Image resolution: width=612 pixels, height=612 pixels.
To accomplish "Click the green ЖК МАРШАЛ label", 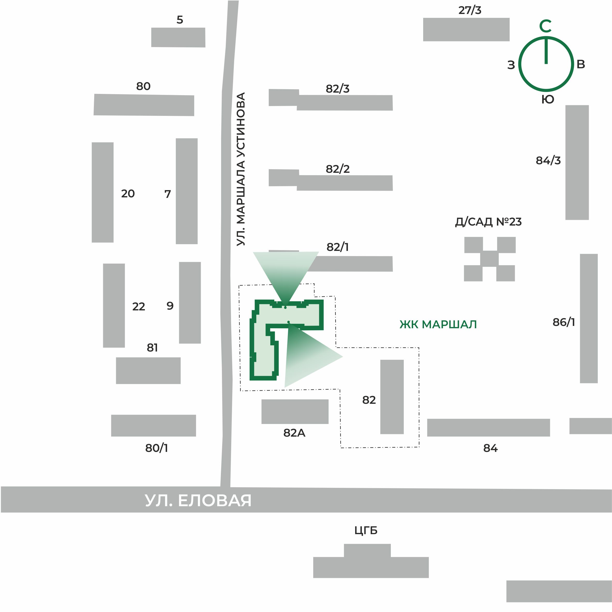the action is click(438, 324).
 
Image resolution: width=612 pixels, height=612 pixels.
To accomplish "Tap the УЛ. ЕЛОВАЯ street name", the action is click(198, 501).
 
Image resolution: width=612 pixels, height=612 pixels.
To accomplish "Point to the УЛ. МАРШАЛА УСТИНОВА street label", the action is click(241, 169).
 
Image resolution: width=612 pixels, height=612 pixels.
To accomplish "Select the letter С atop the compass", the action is click(546, 26).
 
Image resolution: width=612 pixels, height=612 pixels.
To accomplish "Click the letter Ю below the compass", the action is click(548, 100).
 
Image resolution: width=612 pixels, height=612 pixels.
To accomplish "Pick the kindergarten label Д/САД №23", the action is click(488, 222).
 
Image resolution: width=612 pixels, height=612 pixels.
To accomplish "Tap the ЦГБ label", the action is click(366, 530).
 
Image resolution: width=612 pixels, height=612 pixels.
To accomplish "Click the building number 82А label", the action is click(294, 433).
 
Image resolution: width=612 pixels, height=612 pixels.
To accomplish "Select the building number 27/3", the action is click(470, 10).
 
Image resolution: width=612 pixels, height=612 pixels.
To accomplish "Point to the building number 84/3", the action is click(548, 161).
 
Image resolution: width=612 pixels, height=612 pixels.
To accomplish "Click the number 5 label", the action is click(180, 20).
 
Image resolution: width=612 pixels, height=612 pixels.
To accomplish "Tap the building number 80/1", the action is click(156, 448).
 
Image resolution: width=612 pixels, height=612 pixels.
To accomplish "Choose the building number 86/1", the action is click(564, 322).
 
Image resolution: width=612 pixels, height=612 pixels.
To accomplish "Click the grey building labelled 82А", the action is click(295, 412).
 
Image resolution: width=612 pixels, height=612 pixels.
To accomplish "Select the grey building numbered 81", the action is click(148, 371).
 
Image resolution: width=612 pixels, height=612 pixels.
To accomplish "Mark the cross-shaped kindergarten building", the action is click(489, 259).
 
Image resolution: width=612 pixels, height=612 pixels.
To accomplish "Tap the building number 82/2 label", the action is click(338, 169).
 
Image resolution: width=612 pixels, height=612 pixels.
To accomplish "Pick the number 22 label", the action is click(139, 307).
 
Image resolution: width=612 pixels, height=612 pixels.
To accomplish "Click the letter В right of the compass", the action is click(581, 64).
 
